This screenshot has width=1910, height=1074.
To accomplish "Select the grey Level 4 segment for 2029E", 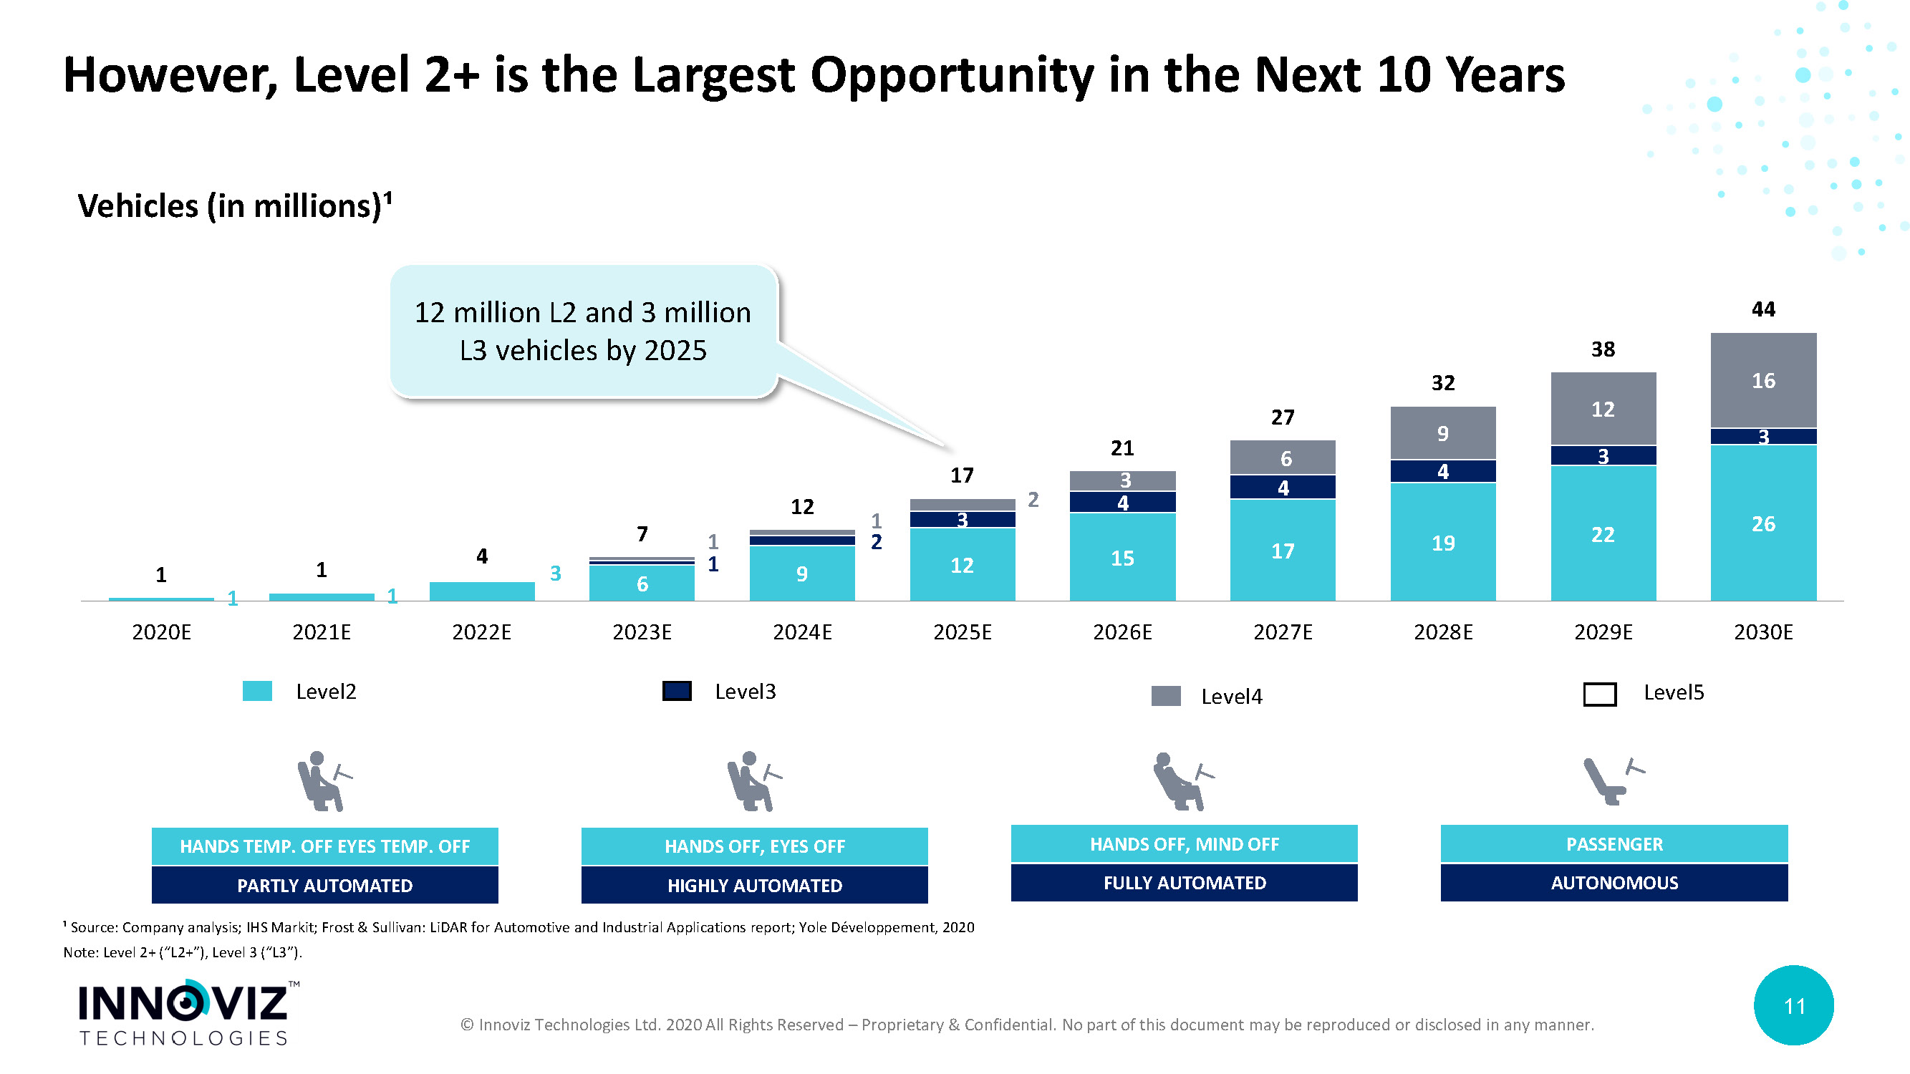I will [x=1603, y=408].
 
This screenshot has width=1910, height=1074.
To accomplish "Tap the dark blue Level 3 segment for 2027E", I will [x=1282, y=487].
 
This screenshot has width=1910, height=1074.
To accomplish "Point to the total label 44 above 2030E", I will [x=1763, y=309].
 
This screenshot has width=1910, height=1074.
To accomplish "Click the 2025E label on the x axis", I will [x=962, y=632].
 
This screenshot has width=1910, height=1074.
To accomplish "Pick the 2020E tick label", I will [x=162, y=632].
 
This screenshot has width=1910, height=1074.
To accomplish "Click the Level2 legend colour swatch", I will [x=257, y=691].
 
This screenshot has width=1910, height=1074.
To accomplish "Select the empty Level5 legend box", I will [x=1599, y=694].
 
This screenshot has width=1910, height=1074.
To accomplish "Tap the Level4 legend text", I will [x=1231, y=697].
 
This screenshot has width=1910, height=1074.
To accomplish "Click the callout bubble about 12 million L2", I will [x=583, y=332].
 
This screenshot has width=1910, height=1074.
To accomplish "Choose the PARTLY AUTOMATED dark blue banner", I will [x=324, y=885].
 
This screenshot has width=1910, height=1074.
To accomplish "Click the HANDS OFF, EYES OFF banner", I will [x=754, y=846].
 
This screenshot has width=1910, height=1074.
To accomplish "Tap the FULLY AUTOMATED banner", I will [x=1184, y=883].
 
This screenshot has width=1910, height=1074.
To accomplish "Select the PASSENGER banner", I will [x=1614, y=844].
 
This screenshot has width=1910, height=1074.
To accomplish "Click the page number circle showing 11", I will [x=1793, y=1006].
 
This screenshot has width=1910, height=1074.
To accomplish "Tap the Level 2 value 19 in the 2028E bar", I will [x=1443, y=543].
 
